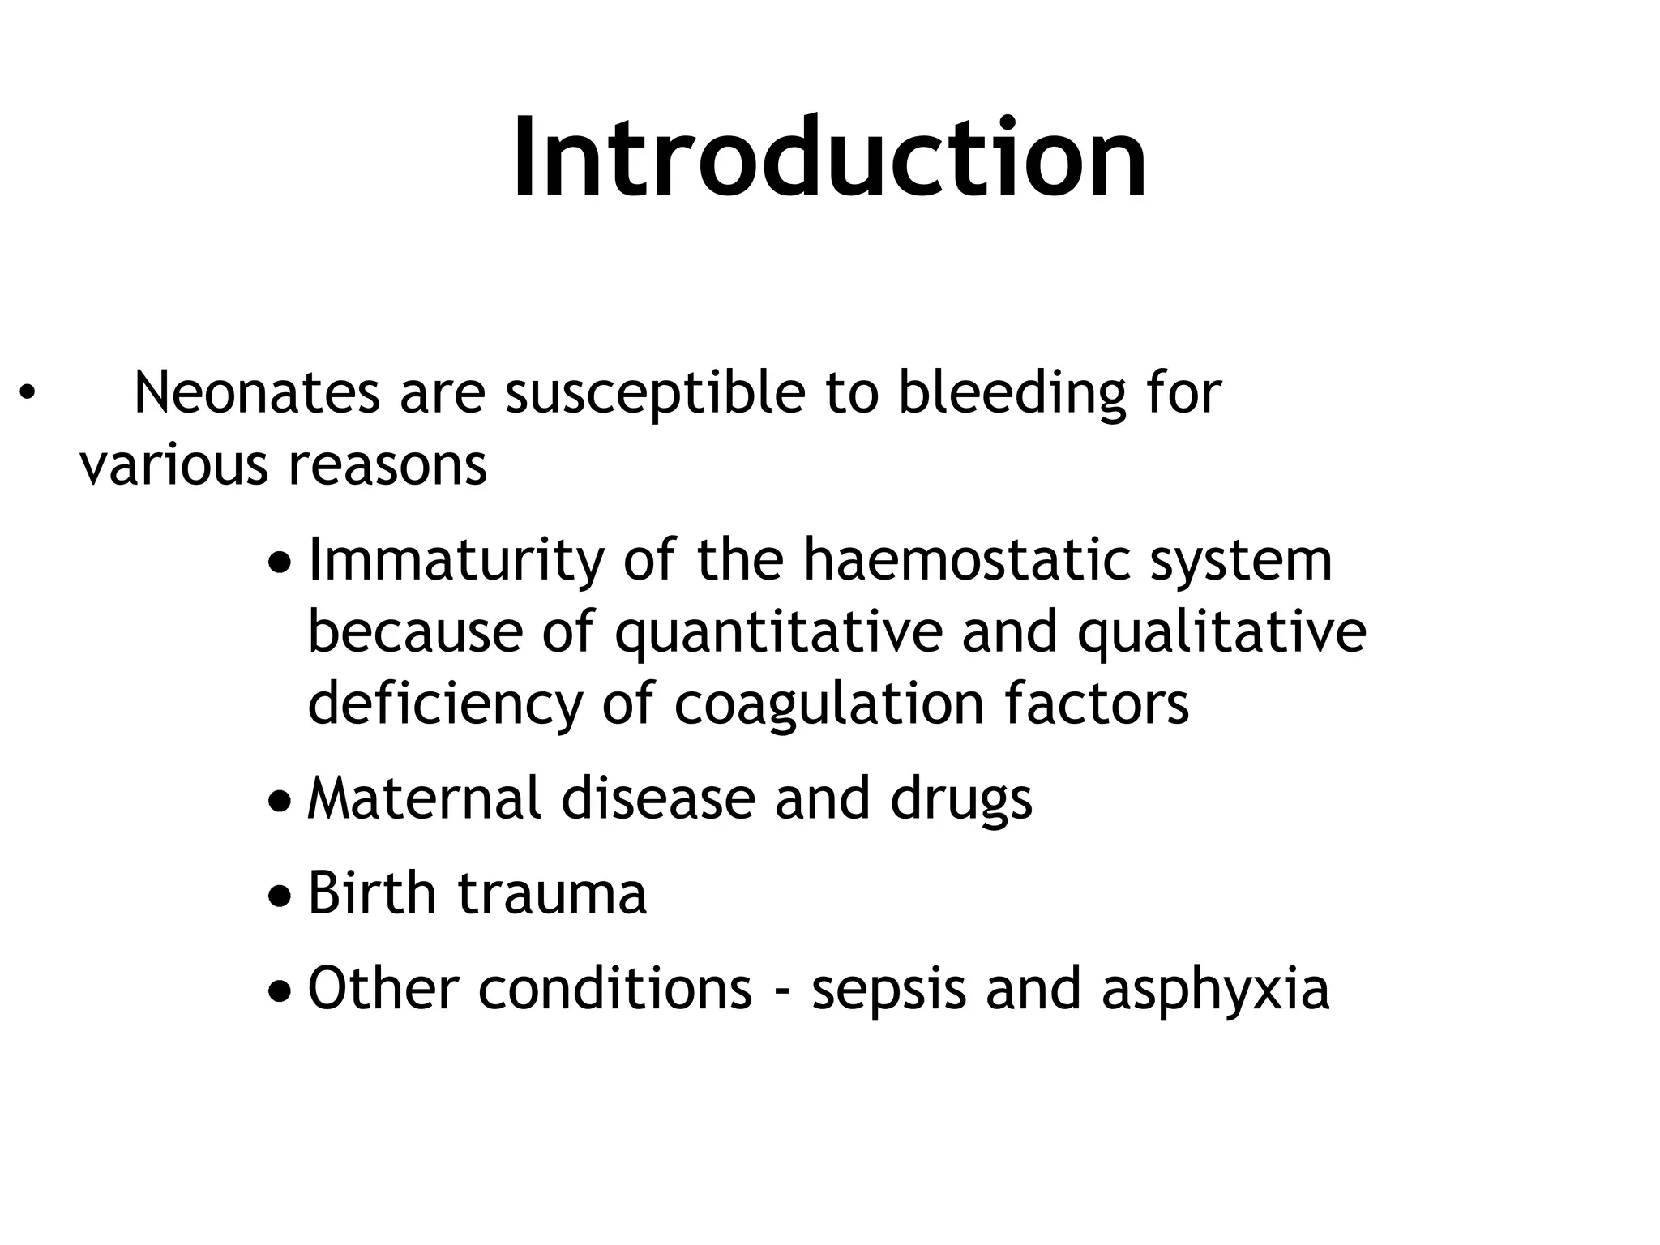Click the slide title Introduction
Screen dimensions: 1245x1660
tap(829, 158)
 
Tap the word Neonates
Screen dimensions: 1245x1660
tap(256, 393)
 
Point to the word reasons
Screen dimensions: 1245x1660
tap(387, 466)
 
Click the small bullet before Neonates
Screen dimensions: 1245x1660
tap(28, 393)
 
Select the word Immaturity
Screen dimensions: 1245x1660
tap(456, 561)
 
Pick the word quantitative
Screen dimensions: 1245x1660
tap(778, 634)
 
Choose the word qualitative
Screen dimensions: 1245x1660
tap(1221, 634)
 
